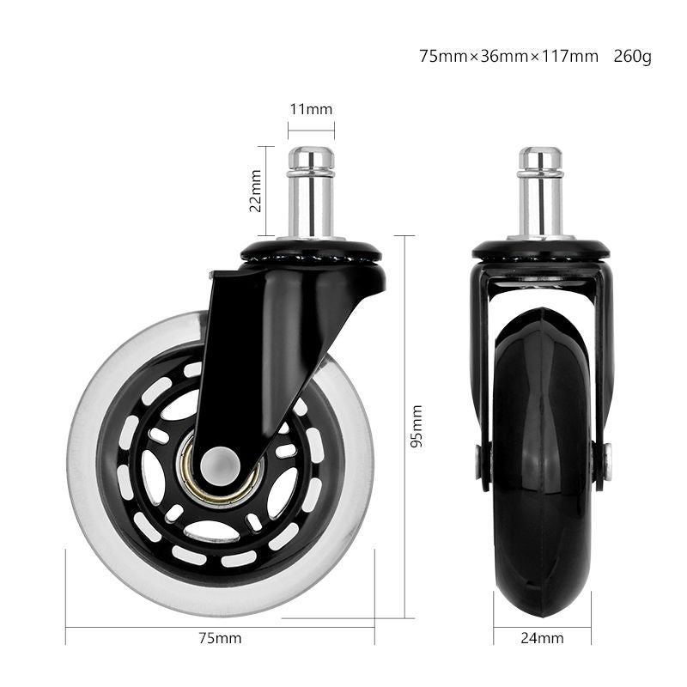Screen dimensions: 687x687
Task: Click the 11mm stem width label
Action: click(310, 109)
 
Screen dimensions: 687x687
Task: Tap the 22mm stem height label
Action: click(255, 191)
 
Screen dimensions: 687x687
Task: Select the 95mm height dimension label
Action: click(416, 427)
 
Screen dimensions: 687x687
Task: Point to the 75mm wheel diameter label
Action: click(220, 638)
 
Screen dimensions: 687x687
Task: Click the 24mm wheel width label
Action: click(542, 638)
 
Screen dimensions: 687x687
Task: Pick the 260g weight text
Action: click(632, 57)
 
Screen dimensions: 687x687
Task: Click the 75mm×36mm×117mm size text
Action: click(508, 57)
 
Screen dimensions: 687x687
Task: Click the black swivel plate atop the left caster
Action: click(311, 252)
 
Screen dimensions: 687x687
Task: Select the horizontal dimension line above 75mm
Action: click(220, 628)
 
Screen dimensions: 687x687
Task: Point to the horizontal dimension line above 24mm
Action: click(542, 628)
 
